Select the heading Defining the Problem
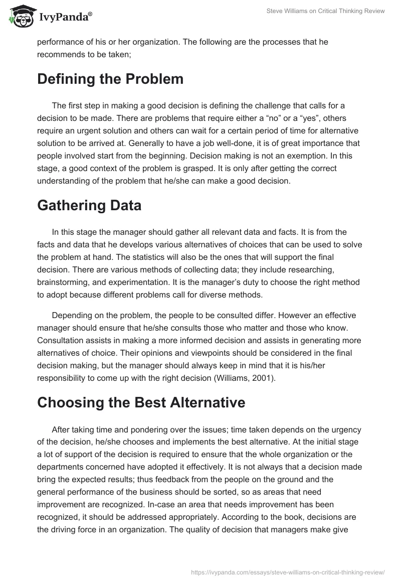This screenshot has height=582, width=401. point(110,79)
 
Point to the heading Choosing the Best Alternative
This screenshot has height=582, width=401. point(141,403)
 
